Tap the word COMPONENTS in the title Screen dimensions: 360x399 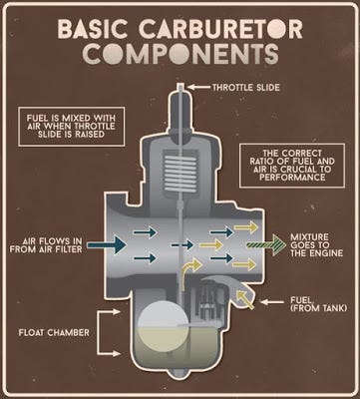click(180, 53)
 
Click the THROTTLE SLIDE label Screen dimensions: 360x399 click(246, 88)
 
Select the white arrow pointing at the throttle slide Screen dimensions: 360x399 click(198, 88)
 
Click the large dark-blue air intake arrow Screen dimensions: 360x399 click(107, 245)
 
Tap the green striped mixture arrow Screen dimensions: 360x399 click(266, 245)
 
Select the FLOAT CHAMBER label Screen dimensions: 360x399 click(54, 332)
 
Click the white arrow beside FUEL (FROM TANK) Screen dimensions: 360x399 click(271, 302)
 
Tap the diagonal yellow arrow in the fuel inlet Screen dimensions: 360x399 click(245, 299)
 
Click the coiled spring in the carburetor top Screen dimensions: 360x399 click(180, 171)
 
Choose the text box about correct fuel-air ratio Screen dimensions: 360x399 click(292, 166)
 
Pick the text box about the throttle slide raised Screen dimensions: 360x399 click(72, 127)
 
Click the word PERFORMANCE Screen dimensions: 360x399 click(292, 177)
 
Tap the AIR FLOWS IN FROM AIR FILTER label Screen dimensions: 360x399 click(46, 245)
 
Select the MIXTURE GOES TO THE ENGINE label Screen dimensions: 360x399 click(316, 245)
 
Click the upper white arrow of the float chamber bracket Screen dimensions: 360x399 click(109, 312)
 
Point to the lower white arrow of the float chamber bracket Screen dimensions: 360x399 click(109, 353)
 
